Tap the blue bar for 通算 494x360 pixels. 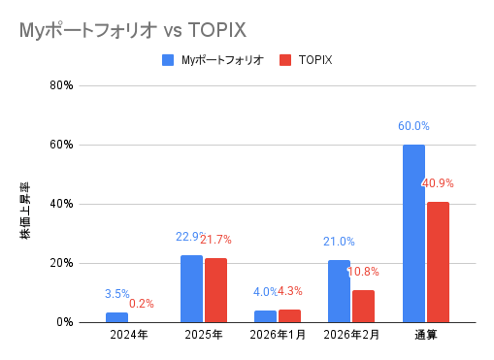[413, 233]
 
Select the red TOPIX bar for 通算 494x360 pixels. [438, 262]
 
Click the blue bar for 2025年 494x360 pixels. [191, 288]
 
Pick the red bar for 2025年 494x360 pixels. [214, 290]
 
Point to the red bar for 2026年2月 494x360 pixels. [363, 306]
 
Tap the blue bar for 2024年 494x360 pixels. [116, 317]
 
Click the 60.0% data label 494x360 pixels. [413, 126]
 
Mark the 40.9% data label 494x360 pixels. [438, 182]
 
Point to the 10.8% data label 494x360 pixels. [363, 272]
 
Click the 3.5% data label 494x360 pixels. [116, 293]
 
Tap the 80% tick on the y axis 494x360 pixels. [61, 85]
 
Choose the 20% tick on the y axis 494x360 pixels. [61, 263]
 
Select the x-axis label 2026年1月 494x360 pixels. [277, 336]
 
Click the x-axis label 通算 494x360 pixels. [425, 336]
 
